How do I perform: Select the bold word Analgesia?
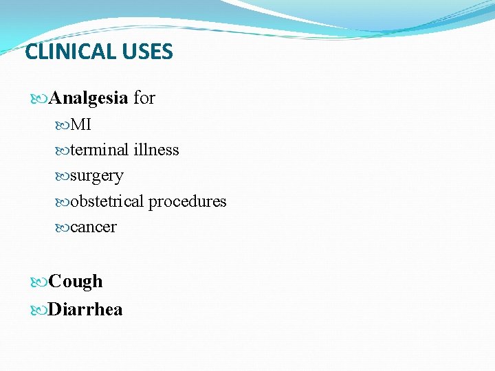pyautogui.click(x=89, y=98)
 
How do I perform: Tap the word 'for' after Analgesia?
pyautogui.click(x=144, y=98)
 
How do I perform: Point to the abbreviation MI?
pyautogui.click(x=80, y=125)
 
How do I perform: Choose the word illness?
pyautogui.click(x=157, y=150)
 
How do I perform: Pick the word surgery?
pyautogui.click(x=97, y=177)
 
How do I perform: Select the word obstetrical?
pyautogui.click(x=107, y=201)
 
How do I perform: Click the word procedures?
pyautogui.click(x=188, y=202)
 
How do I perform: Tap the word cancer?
pyautogui.click(x=93, y=227)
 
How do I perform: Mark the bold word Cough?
pyautogui.click(x=76, y=282)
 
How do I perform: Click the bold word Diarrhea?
pyautogui.click(x=86, y=309)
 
